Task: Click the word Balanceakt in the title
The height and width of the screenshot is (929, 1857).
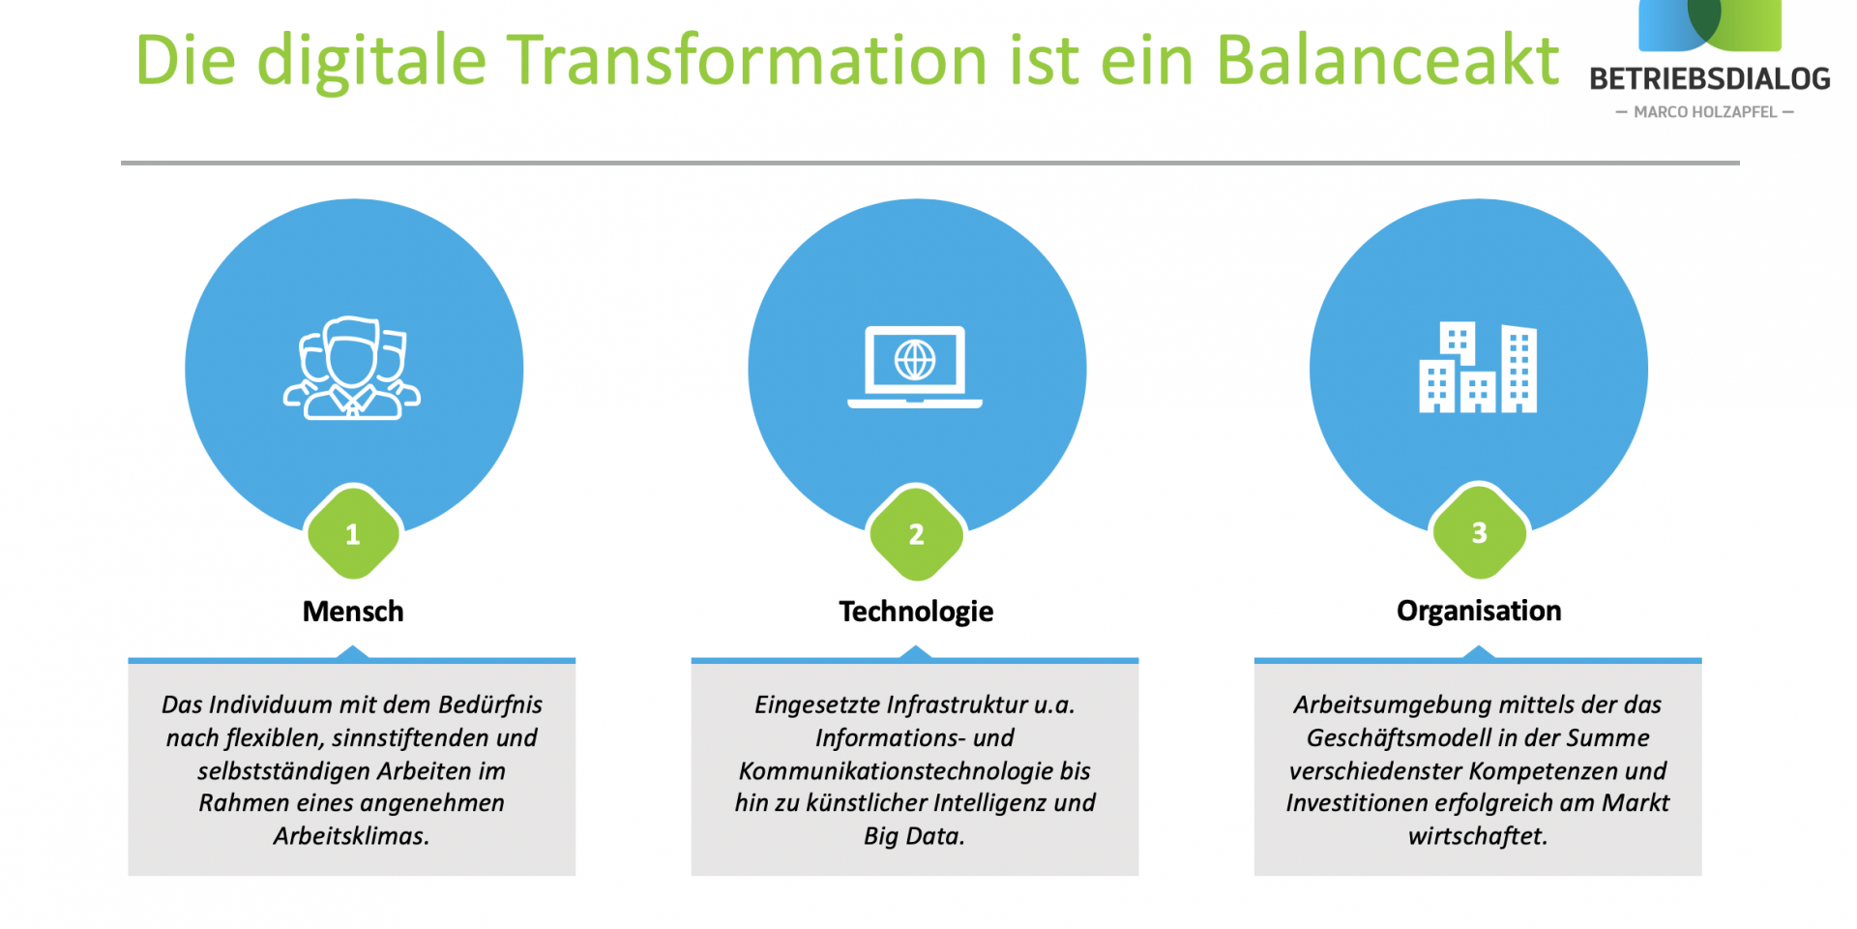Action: (x=1387, y=60)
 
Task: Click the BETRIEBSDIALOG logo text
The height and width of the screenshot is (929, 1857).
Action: (x=1709, y=79)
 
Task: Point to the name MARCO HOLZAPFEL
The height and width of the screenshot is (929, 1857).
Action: (x=1705, y=112)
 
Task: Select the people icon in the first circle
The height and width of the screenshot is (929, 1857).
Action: (x=352, y=369)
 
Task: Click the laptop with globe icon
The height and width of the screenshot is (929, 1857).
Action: (x=915, y=367)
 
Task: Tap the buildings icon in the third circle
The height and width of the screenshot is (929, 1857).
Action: (x=1478, y=368)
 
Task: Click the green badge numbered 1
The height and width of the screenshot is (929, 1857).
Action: (x=353, y=534)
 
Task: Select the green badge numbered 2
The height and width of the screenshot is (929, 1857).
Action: (x=916, y=534)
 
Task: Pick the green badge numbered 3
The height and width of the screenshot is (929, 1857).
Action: (x=1479, y=533)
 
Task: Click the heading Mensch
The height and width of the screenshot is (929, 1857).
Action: (x=353, y=612)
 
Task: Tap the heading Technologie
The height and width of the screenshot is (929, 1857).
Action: (x=916, y=612)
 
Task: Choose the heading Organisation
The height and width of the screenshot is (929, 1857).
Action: (x=1479, y=611)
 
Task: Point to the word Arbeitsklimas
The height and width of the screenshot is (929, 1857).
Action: (x=351, y=836)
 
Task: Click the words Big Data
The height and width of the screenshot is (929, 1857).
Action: (x=914, y=836)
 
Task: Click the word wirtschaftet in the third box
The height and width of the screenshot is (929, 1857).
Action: (x=1477, y=836)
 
